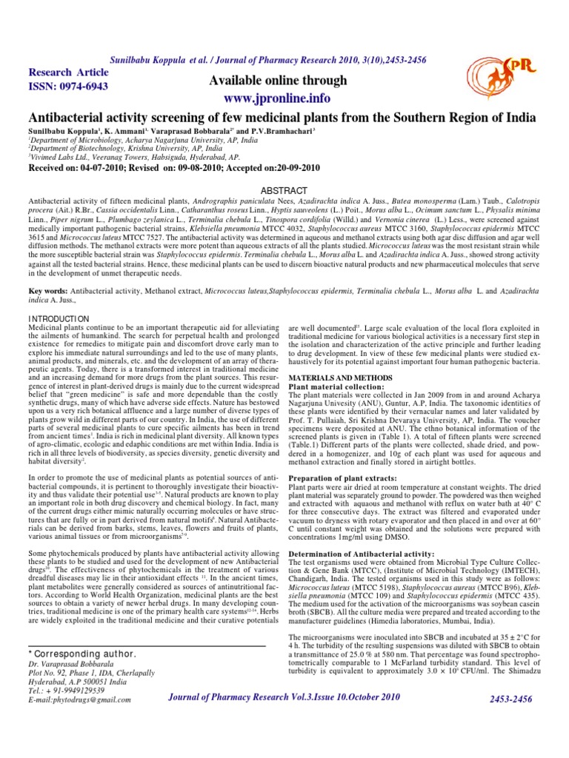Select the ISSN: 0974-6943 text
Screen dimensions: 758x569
[68, 87]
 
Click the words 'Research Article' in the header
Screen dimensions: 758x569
[68, 73]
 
